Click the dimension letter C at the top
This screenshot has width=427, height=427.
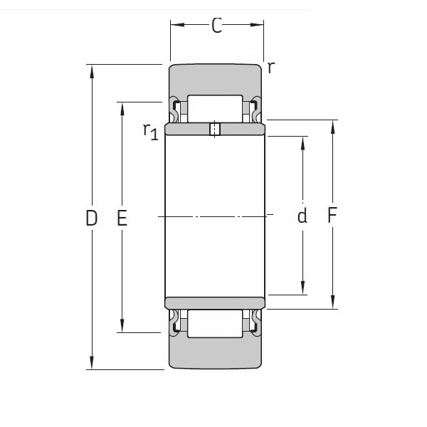coord(217,26)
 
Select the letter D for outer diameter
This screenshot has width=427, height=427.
coord(91,218)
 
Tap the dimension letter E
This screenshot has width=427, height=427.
coord(122,218)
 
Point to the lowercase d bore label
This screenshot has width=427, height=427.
coord(302,216)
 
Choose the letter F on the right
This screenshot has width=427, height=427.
coord(332,215)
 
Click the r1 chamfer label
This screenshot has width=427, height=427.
coord(150,130)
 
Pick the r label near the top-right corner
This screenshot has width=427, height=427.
coord(271,68)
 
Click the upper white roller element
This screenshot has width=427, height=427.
coord(214,107)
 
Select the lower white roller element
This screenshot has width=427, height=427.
coord(214,323)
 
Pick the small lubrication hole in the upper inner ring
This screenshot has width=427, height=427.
coord(214,129)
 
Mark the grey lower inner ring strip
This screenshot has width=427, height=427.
coord(214,303)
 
